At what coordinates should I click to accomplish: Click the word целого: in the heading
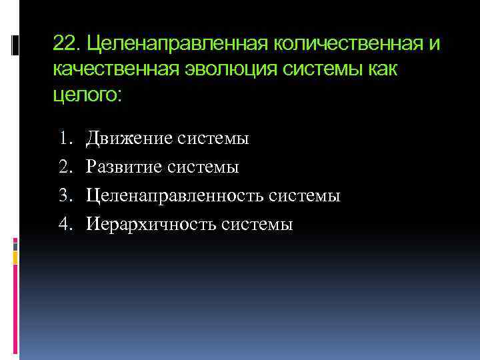pos(87,95)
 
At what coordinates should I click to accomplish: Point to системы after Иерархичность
pos(259,225)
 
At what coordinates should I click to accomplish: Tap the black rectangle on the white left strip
pos(15,45)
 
